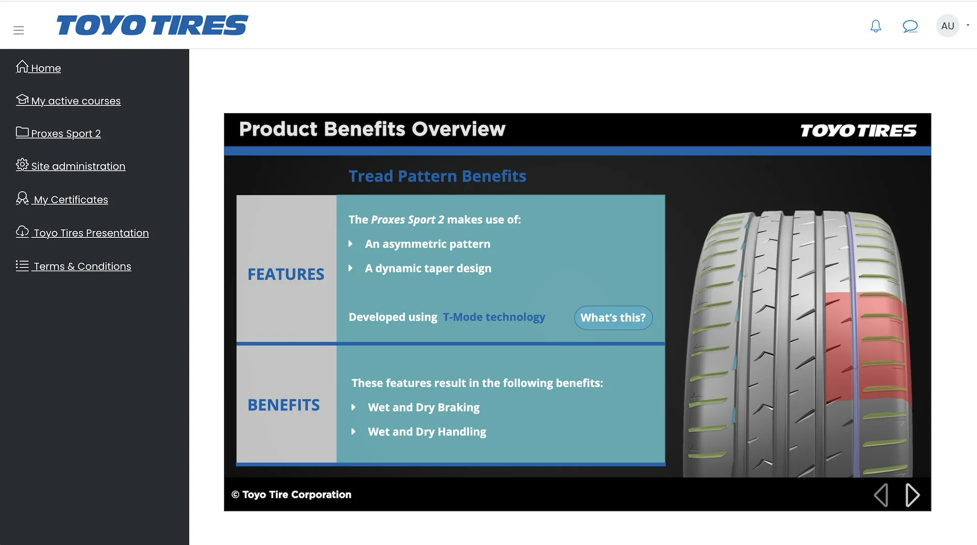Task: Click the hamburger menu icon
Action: tap(19, 30)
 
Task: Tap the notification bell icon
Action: tap(876, 26)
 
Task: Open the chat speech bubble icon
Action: tap(910, 26)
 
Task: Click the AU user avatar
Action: tap(947, 26)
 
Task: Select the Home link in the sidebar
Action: tap(38, 68)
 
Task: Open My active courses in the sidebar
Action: tap(68, 100)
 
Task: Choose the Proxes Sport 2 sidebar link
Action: tap(58, 133)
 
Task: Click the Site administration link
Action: tap(70, 166)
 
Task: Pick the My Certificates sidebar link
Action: tap(62, 199)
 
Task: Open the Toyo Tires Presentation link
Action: tap(82, 233)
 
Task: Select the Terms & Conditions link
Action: tap(73, 266)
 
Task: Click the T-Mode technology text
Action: tap(494, 317)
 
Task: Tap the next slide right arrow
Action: tap(912, 495)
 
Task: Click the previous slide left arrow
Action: tap(881, 495)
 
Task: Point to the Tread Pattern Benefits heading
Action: tap(437, 176)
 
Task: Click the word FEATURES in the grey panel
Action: tap(285, 275)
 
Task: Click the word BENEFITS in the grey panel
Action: tap(283, 405)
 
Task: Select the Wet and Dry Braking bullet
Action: tap(423, 407)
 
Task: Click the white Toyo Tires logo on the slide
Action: tap(858, 131)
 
